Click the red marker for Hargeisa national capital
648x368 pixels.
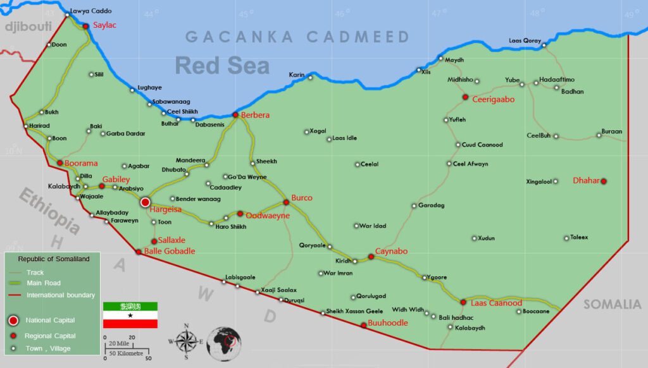point(145,202)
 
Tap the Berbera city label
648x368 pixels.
point(255,115)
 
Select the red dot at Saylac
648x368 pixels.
point(86,26)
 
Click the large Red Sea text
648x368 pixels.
point(222,66)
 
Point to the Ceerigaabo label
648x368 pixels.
point(494,99)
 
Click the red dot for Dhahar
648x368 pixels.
point(604,181)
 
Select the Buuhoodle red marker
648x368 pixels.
point(363,325)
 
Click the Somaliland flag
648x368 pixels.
point(130,315)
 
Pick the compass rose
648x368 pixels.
point(187,341)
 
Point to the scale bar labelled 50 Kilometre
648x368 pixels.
point(127,351)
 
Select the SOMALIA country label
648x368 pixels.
point(612,305)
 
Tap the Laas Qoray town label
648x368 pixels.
point(525,41)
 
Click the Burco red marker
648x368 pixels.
point(286,202)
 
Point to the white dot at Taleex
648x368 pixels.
point(566,238)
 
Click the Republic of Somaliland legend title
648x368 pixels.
point(54,259)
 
